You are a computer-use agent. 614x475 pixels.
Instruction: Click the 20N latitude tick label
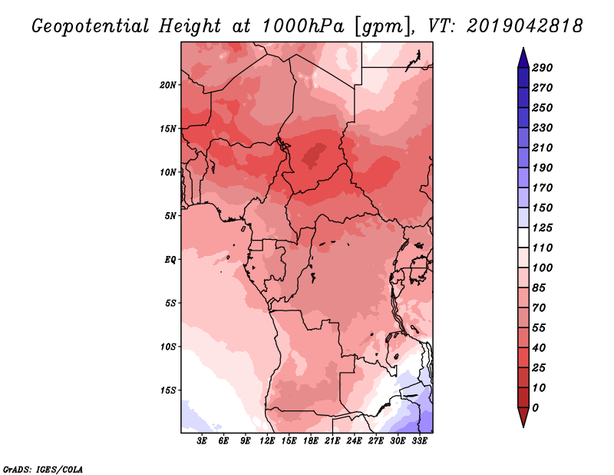pos(168,85)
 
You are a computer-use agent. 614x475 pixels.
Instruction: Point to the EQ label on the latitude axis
pos(170,260)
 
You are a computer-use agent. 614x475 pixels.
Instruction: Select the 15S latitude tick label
pos(168,390)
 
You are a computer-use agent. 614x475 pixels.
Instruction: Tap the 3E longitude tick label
pos(202,441)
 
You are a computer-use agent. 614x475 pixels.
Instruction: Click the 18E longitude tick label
pos(311,441)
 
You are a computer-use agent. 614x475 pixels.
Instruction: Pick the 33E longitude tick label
pos(419,441)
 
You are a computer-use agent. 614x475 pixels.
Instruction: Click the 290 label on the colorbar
pos(543,68)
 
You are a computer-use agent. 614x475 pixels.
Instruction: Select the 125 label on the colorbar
pos(543,228)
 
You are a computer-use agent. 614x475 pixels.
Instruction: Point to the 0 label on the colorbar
pos(535,408)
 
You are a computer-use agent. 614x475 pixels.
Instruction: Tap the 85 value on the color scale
pos(539,288)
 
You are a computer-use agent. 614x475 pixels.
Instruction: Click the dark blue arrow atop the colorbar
pos(523,58)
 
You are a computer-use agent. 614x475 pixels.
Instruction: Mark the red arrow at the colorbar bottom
pos(523,417)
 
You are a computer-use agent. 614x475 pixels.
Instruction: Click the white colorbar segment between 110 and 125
pos(523,237)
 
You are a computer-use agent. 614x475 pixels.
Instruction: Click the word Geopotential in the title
pos(91,26)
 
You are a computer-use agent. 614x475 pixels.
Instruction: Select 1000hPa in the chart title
pos(302,26)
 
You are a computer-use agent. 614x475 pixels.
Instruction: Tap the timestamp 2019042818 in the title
pos(525,26)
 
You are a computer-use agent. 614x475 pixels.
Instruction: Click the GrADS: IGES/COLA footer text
pos(43,469)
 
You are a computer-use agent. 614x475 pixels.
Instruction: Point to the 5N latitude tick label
pos(170,216)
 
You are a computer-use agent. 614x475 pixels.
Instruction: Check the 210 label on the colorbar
pos(543,148)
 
